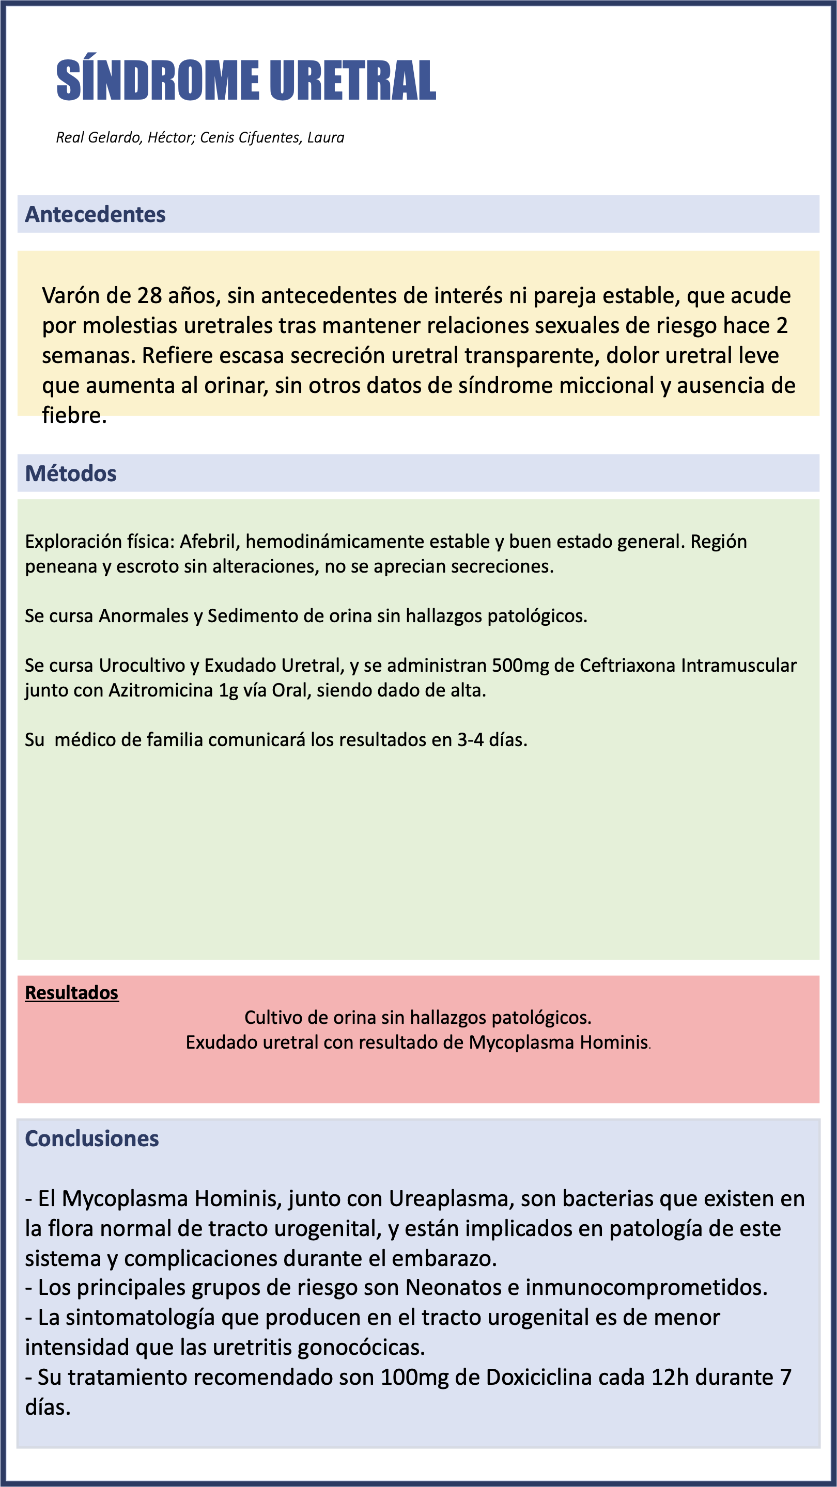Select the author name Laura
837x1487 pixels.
pos(326,137)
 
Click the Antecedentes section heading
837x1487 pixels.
pos(95,214)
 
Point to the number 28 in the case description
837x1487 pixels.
pos(150,295)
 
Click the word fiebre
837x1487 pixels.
pos(74,416)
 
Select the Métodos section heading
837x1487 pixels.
pos(71,473)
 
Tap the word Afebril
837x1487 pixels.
pos(210,542)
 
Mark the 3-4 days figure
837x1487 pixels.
pos(470,740)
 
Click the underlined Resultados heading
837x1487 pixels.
pos(72,993)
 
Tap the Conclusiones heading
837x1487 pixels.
pos(92,1138)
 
